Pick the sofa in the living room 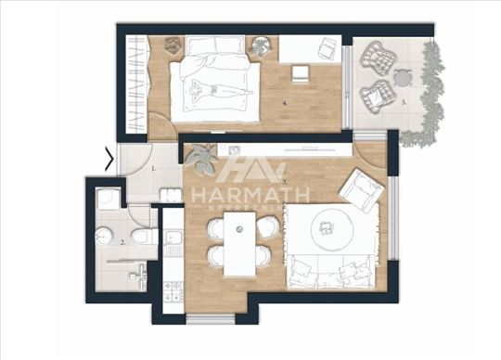point(329,271)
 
